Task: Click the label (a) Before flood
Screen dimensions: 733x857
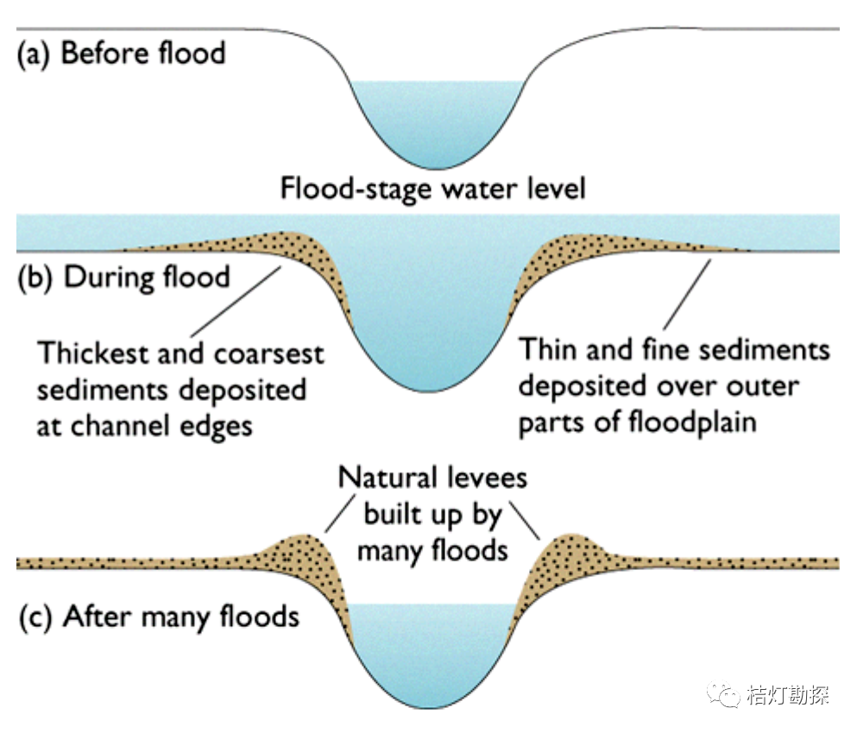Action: (x=122, y=53)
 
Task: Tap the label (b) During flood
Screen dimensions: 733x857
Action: (x=124, y=278)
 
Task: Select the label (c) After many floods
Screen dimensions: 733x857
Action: (x=159, y=617)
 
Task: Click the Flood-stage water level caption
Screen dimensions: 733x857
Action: (x=432, y=188)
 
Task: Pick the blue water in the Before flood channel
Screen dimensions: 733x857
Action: (x=436, y=121)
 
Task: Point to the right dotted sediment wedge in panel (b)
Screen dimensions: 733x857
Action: (x=570, y=246)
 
